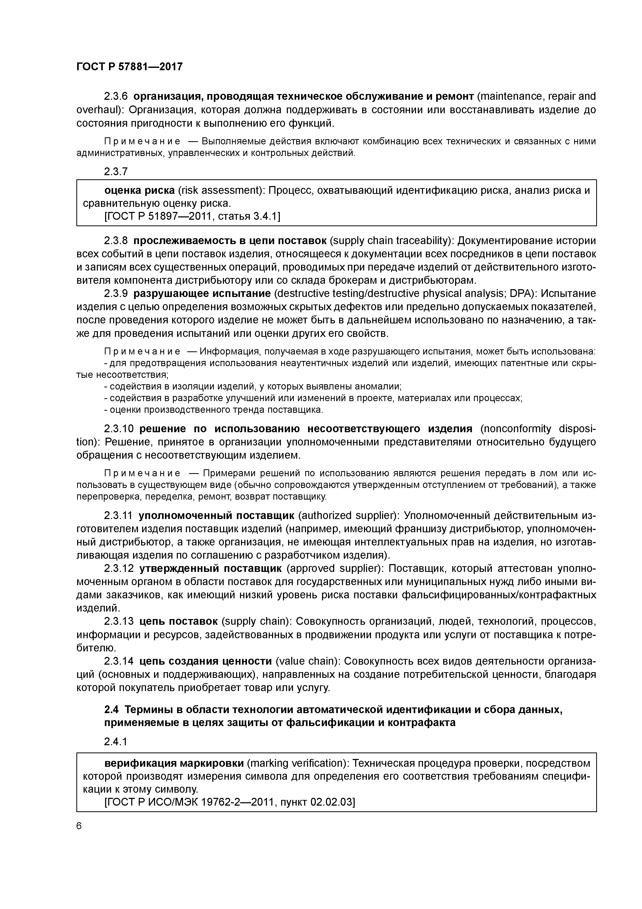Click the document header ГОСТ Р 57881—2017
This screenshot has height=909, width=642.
[x=129, y=67]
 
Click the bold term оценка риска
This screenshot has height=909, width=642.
[x=139, y=190]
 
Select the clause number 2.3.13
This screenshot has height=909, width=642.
[x=119, y=621]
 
